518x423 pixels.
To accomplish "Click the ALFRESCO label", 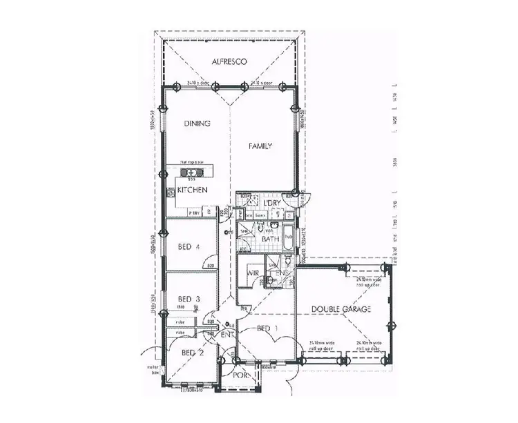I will (230, 61).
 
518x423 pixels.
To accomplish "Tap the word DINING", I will (197, 124).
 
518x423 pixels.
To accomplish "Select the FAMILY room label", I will (262, 146).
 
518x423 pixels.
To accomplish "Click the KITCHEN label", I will (193, 190).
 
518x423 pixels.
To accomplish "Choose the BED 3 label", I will (189, 298).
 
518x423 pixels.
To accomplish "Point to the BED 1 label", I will (266, 328).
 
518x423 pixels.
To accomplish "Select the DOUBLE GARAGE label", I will (340, 308).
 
